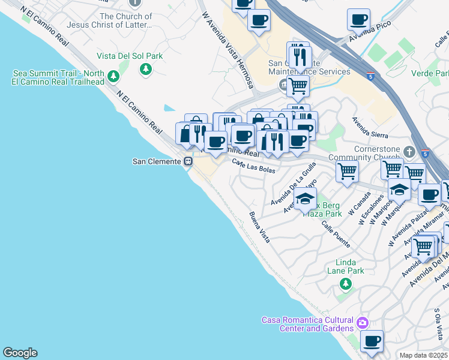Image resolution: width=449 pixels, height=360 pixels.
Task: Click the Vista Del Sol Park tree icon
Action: click(x=145, y=70)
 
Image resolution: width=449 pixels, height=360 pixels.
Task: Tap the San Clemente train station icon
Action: click(x=188, y=161)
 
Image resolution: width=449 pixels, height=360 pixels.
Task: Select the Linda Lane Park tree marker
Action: click(x=345, y=283)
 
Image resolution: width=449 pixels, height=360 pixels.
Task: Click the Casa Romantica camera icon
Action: click(x=362, y=323)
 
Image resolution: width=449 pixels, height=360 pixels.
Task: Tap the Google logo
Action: click(x=20, y=353)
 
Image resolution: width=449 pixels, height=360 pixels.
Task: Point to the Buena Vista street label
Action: click(x=259, y=227)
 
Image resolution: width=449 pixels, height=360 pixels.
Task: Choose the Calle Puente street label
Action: click(x=335, y=234)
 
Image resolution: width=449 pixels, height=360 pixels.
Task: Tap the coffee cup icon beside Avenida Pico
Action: click(x=358, y=20)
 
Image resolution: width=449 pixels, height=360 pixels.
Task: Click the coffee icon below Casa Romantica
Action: click(x=372, y=341)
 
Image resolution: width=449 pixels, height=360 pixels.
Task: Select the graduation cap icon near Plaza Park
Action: click(x=306, y=199)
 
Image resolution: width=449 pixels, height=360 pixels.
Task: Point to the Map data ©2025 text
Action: click(x=423, y=355)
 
